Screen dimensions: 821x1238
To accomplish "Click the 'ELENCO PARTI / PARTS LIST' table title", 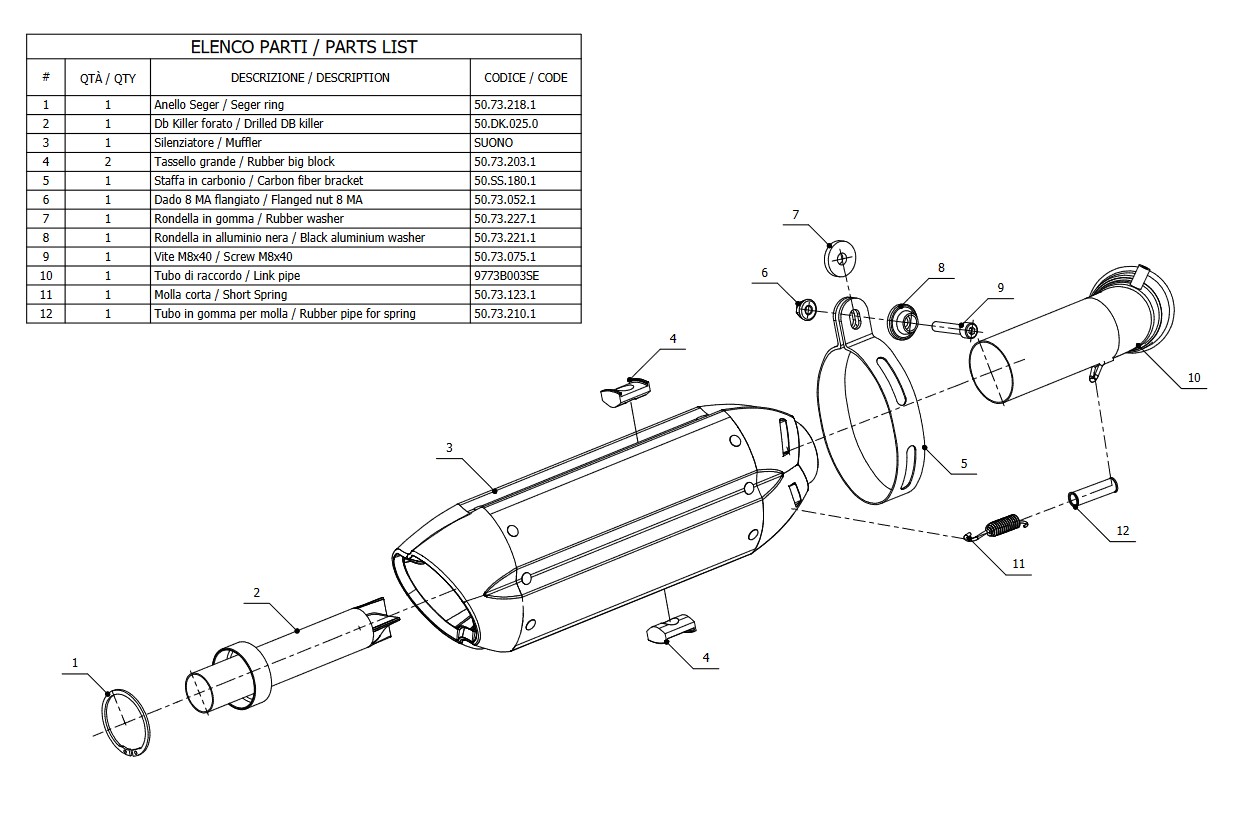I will [303, 47].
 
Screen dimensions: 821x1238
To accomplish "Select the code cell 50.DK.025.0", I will [505, 124].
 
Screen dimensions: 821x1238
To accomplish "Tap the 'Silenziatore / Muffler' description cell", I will [208, 143].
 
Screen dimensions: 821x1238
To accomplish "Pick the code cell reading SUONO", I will [493, 143].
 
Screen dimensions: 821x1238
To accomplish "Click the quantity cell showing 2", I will [108, 162].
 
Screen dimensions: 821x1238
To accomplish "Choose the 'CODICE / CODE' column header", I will [525, 78].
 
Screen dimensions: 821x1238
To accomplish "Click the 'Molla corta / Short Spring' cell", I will [220, 295].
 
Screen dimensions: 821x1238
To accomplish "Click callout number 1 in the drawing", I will [73, 662].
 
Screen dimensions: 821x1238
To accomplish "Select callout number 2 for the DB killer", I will [257, 592].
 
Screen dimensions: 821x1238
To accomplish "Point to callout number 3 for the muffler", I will [449, 447].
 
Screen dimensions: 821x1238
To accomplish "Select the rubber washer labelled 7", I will [840, 259].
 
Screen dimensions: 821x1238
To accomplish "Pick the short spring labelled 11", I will [1000, 526].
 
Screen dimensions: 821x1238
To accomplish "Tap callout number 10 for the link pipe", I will [1194, 378].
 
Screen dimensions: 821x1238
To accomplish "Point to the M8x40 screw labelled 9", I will [956, 327].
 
